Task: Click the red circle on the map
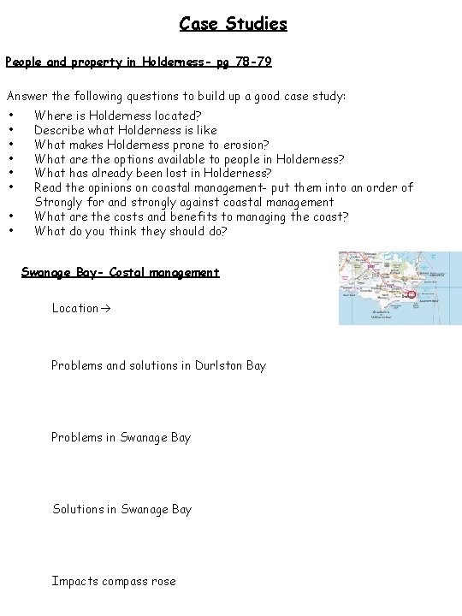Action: click(x=412, y=294)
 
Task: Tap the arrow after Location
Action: click(x=104, y=308)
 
